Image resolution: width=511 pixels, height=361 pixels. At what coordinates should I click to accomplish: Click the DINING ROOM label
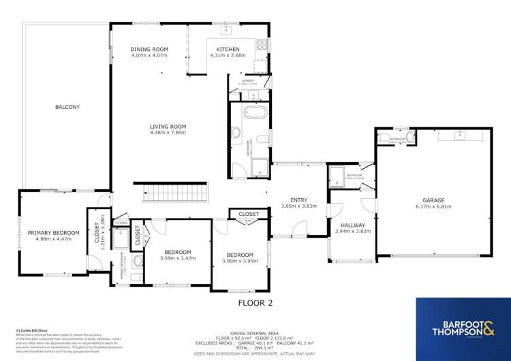pos(149,50)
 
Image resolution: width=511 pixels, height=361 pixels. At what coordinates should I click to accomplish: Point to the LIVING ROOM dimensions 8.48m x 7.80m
pos(168,133)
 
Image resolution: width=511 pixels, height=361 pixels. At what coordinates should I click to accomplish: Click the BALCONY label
pos(67,107)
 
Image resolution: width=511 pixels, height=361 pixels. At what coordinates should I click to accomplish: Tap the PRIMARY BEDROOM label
pos(53,233)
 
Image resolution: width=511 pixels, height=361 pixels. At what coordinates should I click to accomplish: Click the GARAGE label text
pos(433,200)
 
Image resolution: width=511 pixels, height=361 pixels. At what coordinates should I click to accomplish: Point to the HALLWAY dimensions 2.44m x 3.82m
pos(352,232)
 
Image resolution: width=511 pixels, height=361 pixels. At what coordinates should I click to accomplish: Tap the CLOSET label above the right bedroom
pos(249,214)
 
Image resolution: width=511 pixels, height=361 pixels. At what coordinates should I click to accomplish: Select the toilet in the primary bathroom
pos(137,262)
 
